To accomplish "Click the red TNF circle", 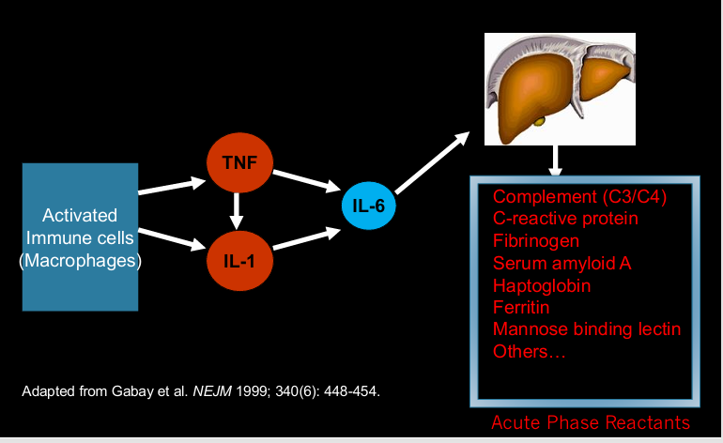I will click(x=239, y=162).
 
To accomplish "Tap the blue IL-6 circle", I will click(x=369, y=204).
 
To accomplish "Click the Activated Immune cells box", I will click(x=80, y=237).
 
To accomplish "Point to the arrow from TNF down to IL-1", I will click(x=238, y=209).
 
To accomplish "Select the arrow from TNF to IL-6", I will click(x=306, y=182).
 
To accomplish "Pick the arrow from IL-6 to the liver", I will click(x=432, y=160).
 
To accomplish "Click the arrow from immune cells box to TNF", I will click(x=172, y=185).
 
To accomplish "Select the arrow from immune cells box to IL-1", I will click(x=172, y=238).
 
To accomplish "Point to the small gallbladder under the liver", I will click(x=539, y=121).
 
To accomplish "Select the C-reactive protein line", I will click(x=565, y=219).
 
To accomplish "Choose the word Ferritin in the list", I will click(x=521, y=307).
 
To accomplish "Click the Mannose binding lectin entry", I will click(x=586, y=329).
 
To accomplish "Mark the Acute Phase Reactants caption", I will click(x=590, y=422).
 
